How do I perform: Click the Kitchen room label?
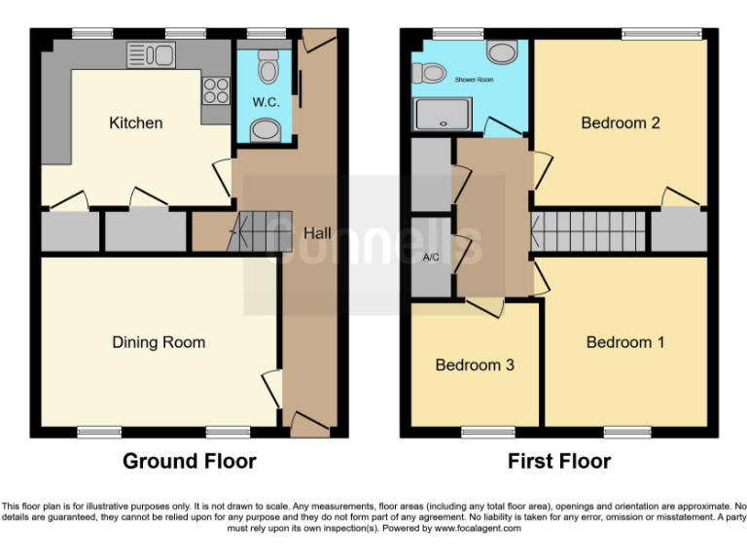(135, 122)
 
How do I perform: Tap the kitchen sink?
(150, 55)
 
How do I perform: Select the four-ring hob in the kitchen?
(215, 90)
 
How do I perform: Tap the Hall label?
(317, 233)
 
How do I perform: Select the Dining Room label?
(159, 341)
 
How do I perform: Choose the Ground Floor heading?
(190, 461)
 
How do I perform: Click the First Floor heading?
(559, 461)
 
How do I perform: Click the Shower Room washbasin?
(503, 52)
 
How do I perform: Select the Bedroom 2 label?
(621, 122)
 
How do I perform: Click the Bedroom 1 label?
(625, 341)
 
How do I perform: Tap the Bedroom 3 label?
(474, 365)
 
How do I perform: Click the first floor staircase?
(591, 231)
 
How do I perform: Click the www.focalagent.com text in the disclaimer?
(478, 529)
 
